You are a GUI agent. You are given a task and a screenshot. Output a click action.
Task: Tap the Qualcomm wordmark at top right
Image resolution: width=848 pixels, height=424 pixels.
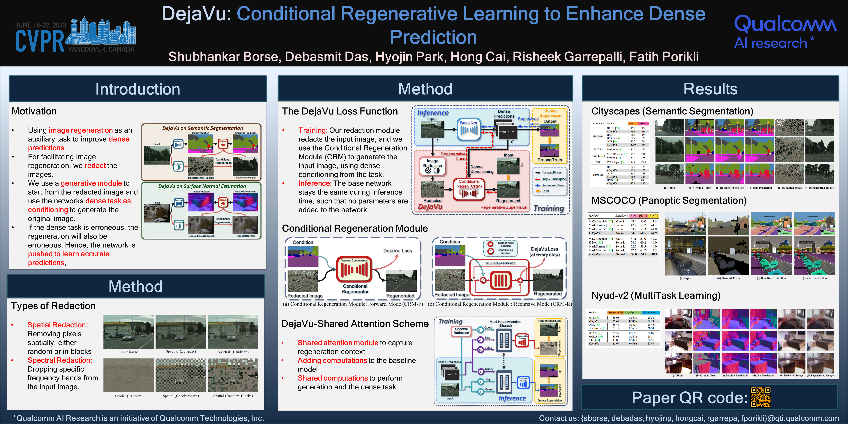click(x=785, y=24)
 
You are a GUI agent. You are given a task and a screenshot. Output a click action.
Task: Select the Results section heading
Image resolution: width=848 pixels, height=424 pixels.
click(x=710, y=89)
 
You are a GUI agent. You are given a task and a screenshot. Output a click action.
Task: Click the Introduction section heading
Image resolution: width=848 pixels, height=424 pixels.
click(x=138, y=89)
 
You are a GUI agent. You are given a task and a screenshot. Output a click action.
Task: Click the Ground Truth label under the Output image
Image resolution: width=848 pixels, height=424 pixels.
click(x=550, y=160)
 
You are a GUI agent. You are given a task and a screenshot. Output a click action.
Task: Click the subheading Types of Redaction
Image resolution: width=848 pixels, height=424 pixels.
click(x=53, y=306)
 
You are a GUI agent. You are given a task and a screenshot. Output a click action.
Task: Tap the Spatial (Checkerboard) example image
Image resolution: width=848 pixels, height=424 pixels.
click(x=181, y=375)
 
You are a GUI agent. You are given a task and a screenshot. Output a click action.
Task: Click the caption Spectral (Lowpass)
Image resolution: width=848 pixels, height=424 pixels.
click(x=181, y=351)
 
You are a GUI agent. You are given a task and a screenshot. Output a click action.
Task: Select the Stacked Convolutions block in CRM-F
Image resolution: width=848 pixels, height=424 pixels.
click(x=354, y=269)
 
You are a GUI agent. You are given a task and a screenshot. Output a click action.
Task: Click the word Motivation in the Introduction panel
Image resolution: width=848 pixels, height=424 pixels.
click(x=34, y=111)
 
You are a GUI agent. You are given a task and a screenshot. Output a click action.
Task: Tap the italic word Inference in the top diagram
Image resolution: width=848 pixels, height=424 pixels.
click(x=433, y=113)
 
